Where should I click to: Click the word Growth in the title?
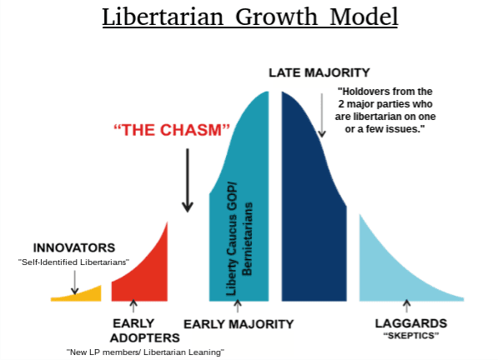point(276,17)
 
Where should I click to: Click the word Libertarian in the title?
point(163,17)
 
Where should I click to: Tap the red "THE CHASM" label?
point(172,130)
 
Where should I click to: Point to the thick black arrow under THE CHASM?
point(188,180)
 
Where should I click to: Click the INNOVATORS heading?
point(74,247)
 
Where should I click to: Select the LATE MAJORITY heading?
point(319,72)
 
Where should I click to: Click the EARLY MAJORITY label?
point(239,324)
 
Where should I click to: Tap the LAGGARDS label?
point(411,323)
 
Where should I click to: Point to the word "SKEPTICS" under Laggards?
point(411,336)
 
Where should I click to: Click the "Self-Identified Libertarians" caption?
point(73,262)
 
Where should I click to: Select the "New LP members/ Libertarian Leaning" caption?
point(145,352)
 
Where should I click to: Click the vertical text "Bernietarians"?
point(247,239)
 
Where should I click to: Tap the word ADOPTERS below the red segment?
point(145,338)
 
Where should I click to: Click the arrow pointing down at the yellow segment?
point(74,282)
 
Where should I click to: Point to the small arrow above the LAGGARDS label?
point(406,306)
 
